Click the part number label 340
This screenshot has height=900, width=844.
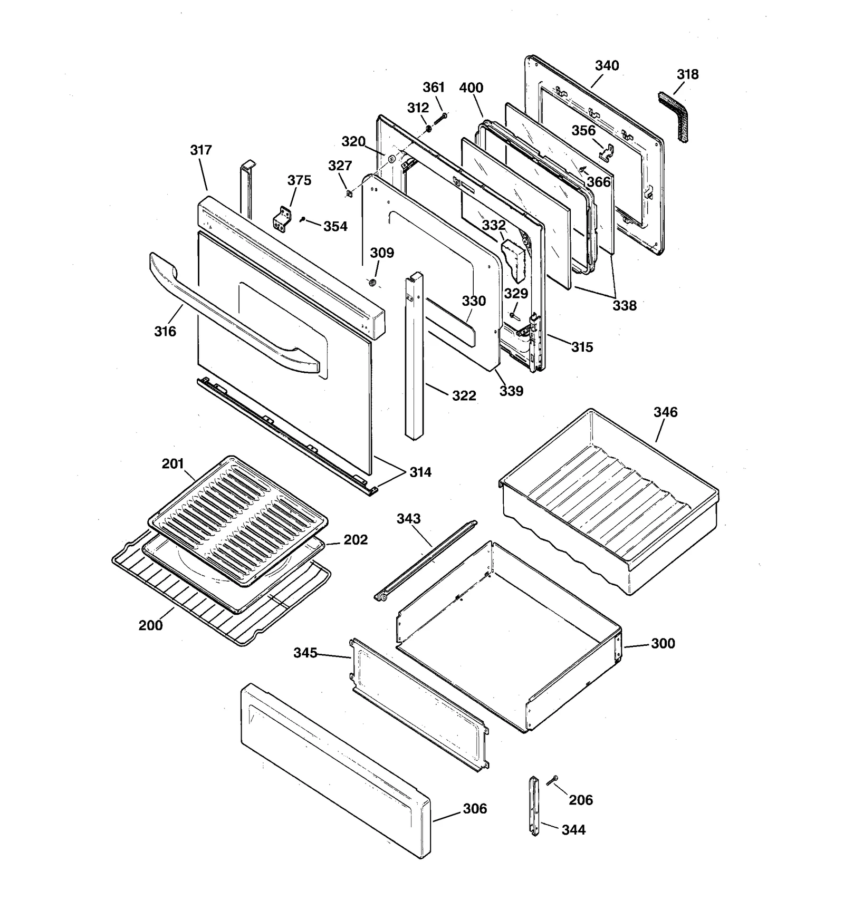coord(607,65)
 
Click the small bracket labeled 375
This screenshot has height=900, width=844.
coord(283,218)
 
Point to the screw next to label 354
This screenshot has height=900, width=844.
coord(303,219)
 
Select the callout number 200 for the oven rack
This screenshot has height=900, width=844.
coord(150,625)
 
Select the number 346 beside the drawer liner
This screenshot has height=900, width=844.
coord(665,412)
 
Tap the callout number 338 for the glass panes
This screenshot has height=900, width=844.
coord(625,305)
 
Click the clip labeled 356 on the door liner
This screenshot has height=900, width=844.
coord(607,153)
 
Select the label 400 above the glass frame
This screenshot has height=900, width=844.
coord(471,88)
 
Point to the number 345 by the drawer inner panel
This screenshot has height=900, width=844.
coord(305,653)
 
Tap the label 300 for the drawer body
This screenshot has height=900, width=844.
coord(663,643)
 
